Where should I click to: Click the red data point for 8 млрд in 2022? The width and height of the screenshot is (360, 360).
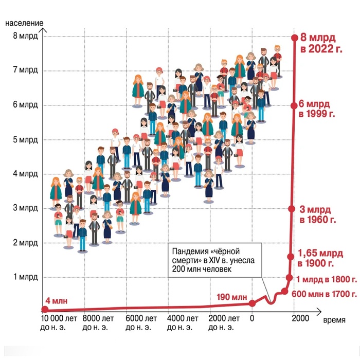click(295, 37)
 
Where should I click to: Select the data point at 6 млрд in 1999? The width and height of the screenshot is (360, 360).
click(294, 105)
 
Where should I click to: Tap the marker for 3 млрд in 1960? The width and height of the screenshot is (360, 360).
click(291, 209)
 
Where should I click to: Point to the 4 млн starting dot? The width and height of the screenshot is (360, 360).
click(45, 309)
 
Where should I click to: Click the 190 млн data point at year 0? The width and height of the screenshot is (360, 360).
click(252, 303)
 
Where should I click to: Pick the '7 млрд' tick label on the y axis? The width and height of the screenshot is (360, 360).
click(25, 71)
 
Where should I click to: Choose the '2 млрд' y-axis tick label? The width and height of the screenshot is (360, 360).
click(25, 242)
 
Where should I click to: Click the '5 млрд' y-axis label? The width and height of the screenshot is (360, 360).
click(25, 139)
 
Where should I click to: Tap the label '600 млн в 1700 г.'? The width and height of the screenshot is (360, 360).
click(325, 294)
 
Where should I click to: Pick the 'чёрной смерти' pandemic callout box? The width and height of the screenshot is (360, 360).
click(213, 260)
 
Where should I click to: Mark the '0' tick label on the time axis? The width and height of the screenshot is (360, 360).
click(253, 319)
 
